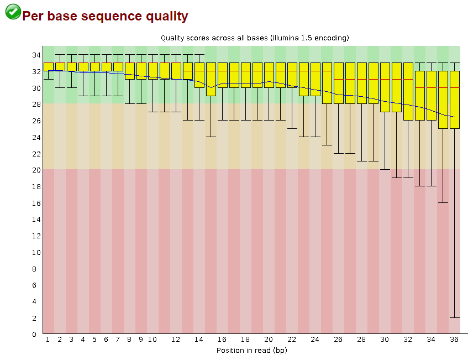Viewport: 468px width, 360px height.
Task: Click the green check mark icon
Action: [x=13, y=12]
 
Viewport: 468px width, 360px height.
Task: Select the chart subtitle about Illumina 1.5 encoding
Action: [x=255, y=38]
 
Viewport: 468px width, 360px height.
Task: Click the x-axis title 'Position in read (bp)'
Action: [x=251, y=350]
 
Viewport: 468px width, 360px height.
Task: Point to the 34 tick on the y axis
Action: [x=35, y=55]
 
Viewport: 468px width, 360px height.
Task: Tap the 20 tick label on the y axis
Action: [x=35, y=170]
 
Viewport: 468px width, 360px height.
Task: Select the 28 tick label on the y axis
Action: [x=35, y=104]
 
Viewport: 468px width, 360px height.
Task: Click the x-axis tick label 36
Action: [x=455, y=339]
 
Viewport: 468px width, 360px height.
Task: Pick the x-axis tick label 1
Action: [x=48, y=339]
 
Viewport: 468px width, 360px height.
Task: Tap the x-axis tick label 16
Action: [x=222, y=339]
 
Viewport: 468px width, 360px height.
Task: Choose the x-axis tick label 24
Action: [x=315, y=339]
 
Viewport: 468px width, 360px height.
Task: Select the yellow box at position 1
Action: [x=48, y=67]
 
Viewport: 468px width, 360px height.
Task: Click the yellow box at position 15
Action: [x=211, y=79]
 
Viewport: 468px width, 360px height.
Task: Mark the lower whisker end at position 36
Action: [x=455, y=317]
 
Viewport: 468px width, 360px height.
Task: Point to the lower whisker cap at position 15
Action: [x=211, y=137]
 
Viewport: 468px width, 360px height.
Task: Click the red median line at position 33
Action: [x=420, y=87]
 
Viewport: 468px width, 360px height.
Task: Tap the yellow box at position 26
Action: [x=338, y=83]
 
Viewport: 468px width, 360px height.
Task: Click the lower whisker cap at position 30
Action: [x=385, y=169]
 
